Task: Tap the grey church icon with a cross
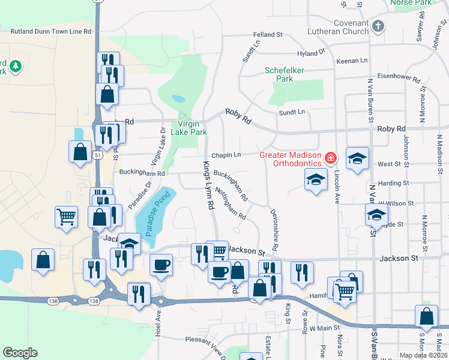click(378, 26)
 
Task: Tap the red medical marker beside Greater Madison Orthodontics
click(330, 158)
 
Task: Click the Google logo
click(20, 353)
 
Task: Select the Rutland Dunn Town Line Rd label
click(51, 31)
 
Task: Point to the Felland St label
click(267, 35)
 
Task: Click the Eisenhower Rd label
click(398, 77)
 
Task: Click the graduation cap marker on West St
click(357, 159)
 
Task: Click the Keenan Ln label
click(352, 61)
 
